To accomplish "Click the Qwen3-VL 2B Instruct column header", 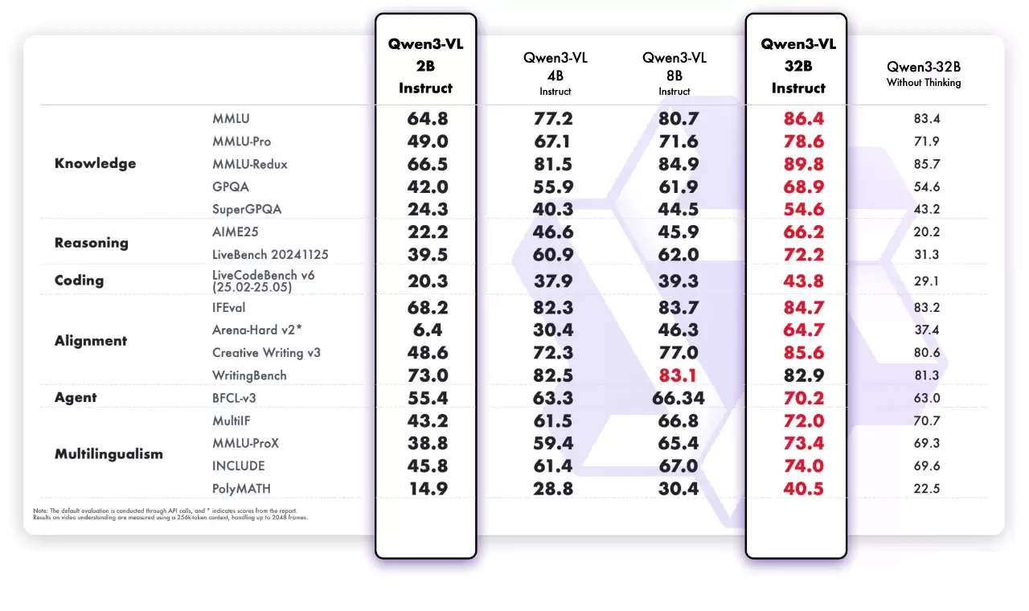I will (x=425, y=66).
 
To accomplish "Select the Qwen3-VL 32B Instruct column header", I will (x=798, y=66).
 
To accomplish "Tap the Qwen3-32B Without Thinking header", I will (x=924, y=73).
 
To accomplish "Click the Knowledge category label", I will (x=95, y=163).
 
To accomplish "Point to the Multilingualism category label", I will (x=109, y=453).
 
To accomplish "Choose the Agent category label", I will (x=76, y=397).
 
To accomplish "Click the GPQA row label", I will (x=230, y=187).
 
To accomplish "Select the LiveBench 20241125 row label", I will (x=270, y=254).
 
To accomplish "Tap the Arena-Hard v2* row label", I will (x=256, y=330).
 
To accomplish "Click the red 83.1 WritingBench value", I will (x=674, y=375).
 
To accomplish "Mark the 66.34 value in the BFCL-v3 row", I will (x=674, y=397).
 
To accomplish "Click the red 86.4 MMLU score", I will (x=798, y=119).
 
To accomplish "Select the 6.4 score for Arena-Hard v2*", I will (x=425, y=330).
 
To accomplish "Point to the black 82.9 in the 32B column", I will (x=798, y=375).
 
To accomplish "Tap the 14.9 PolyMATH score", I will (x=425, y=488).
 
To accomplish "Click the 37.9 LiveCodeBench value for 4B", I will (x=552, y=281).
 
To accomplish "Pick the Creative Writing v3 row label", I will (x=266, y=352).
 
